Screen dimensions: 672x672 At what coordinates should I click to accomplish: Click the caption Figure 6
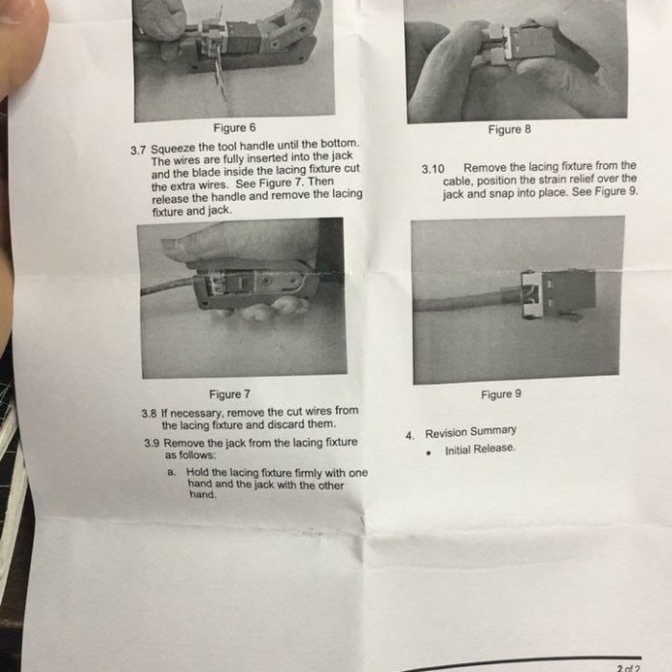pos(234,128)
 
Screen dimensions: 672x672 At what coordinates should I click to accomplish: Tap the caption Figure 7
pos(229,394)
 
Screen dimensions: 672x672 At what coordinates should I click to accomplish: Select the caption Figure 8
pos(509,129)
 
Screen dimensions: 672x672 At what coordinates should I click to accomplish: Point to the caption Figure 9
pos(501,394)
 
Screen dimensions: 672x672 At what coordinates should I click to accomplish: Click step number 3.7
pos(138,151)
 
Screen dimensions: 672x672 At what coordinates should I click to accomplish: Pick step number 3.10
pos(432,169)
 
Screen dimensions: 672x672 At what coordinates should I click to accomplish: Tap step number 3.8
pos(148,414)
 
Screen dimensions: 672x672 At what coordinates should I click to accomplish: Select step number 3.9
pos(152,444)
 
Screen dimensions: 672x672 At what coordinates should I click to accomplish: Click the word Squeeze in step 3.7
pos(173,149)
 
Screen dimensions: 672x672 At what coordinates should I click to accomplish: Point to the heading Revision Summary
pos(470,432)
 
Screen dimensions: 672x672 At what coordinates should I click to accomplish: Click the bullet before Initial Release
pos(428,452)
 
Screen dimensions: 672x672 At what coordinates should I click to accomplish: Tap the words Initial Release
pos(480,449)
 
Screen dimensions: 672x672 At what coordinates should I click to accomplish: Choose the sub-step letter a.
pos(172,472)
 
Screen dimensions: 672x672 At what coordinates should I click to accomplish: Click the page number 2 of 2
pos(629,668)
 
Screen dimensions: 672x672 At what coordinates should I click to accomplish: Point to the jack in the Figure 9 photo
pos(557,294)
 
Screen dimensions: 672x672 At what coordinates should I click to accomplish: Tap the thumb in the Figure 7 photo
pos(240,243)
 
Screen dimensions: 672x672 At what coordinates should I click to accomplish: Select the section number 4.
pos(410,436)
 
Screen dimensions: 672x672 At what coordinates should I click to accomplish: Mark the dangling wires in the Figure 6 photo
pos(220,77)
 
